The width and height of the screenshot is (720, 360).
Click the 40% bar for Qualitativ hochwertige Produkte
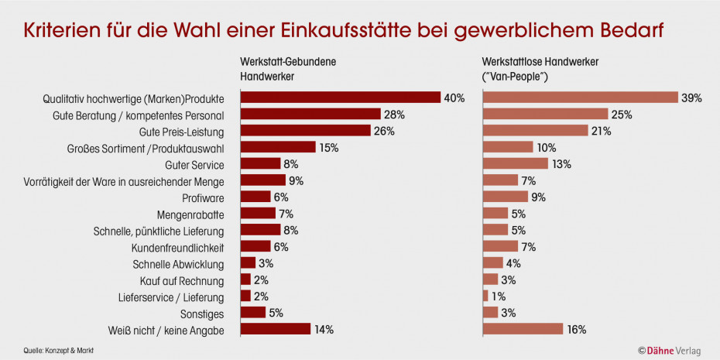(x=341, y=98)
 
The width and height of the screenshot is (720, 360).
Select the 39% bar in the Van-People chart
(x=581, y=98)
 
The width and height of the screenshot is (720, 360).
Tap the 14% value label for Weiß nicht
(x=324, y=329)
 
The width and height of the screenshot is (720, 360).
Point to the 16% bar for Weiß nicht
(x=523, y=329)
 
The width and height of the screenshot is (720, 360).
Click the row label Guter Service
(x=195, y=164)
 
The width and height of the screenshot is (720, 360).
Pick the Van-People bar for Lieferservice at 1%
(x=485, y=296)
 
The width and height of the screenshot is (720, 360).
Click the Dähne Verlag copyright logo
(x=669, y=351)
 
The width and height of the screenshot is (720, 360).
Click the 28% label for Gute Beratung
(x=395, y=115)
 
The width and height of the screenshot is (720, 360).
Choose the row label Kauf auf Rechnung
(x=182, y=279)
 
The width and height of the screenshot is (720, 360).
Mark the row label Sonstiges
(x=203, y=313)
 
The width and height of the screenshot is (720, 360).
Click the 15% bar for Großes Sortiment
(x=278, y=147)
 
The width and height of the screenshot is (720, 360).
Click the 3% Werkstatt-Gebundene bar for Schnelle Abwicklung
(x=248, y=263)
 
